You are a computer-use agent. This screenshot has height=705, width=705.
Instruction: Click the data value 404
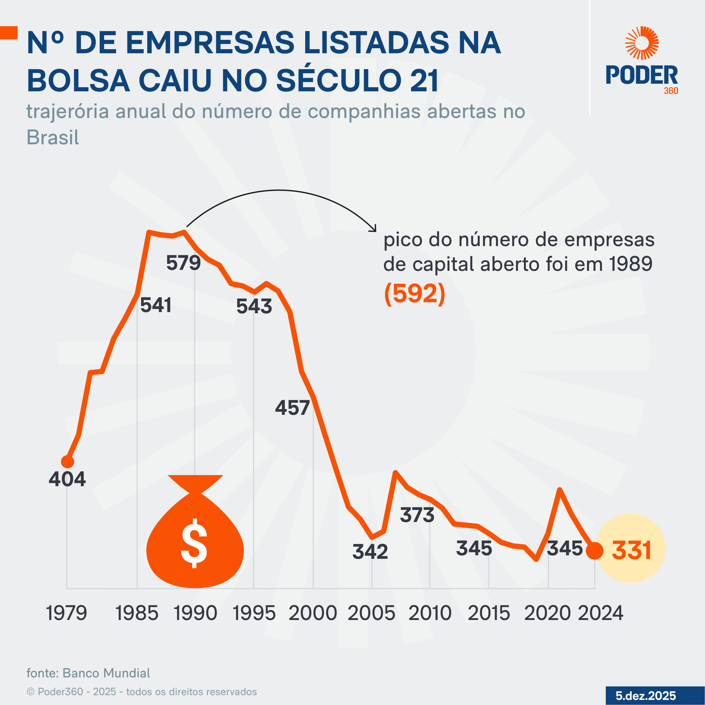pos(67,479)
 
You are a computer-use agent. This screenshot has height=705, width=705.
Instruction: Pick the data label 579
pos(183,263)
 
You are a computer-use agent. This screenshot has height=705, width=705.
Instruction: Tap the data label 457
pos(292,408)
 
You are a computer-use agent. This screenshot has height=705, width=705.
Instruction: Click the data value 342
pos(370,552)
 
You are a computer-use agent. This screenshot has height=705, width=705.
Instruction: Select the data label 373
pos(417,515)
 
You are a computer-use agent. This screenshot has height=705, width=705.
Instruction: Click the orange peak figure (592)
pos(415,293)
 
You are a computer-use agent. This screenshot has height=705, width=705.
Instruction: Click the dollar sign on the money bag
pos(194,543)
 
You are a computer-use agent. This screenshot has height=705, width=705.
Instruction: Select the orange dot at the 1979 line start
pos(67,462)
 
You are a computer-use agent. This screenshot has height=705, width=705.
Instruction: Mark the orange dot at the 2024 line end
pos(594,551)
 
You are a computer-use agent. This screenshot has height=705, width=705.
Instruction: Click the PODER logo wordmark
pos(642,75)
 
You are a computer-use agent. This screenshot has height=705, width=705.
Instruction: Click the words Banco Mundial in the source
pos(106,673)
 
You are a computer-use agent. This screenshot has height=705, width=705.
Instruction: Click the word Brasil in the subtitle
pos(53,138)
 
